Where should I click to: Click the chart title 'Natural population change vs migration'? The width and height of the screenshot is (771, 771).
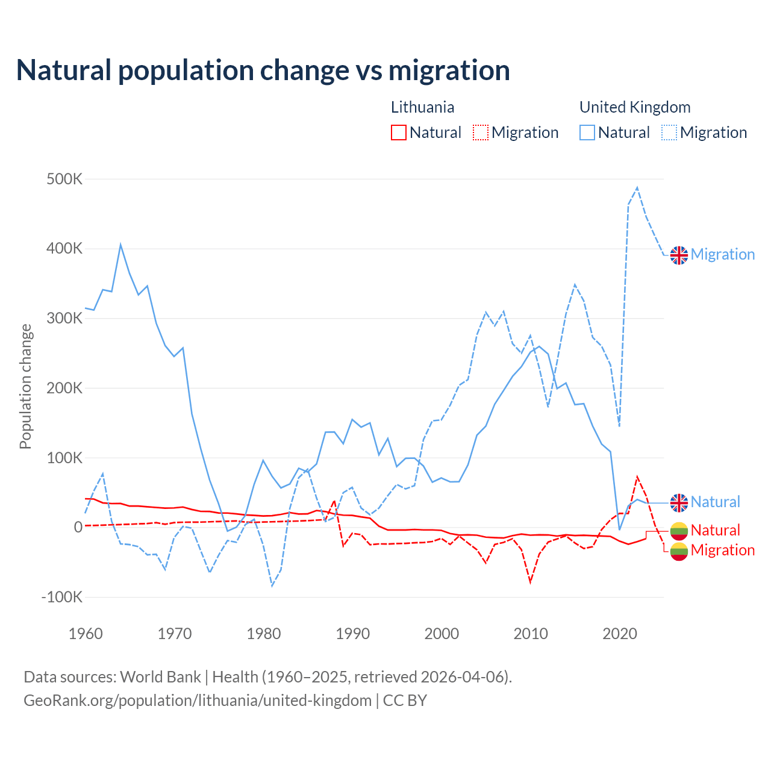click(263, 70)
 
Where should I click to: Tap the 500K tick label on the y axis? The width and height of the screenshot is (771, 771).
click(64, 179)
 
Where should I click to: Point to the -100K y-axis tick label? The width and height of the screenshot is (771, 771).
click(61, 597)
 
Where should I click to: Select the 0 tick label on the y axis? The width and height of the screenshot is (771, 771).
click(78, 527)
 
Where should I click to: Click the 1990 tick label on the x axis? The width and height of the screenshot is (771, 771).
click(352, 634)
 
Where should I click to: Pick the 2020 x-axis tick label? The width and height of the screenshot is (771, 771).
click(620, 634)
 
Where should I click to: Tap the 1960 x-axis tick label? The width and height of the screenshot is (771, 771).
click(86, 634)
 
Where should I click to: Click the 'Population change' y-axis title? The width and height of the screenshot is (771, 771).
click(25, 386)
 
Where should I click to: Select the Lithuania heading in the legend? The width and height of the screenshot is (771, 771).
click(422, 107)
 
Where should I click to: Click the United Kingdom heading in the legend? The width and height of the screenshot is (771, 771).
click(635, 107)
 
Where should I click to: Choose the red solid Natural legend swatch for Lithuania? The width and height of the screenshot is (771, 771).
click(399, 133)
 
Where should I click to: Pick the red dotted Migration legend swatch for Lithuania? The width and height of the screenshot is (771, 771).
click(481, 133)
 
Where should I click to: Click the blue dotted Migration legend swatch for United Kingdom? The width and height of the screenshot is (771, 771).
click(669, 133)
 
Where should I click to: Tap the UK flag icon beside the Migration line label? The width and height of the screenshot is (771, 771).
click(679, 255)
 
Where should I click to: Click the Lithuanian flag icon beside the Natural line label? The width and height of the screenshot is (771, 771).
click(679, 531)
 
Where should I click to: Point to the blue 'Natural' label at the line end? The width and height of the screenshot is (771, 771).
click(715, 502)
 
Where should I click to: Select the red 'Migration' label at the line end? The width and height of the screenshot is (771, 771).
click(722, 550)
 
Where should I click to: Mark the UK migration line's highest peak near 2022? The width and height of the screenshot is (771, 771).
click(637, 188)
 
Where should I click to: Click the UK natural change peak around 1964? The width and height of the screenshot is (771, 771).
click(120, 245)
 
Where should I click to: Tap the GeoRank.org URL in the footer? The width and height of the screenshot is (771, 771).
click(198, 701)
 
